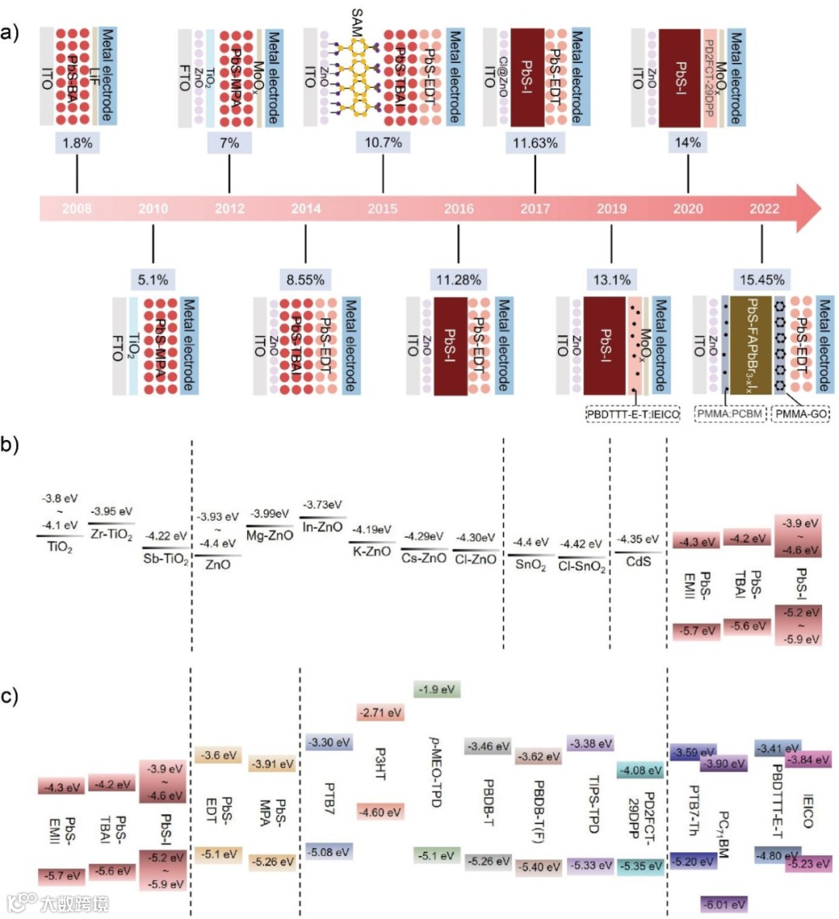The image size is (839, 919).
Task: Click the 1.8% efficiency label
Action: (x=77, y=142)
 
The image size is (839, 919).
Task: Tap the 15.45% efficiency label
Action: (x=761, y=280)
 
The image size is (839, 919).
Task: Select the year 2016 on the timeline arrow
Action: (x=458, y=208)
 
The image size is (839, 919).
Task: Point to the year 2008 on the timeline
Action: (x=76, y=208)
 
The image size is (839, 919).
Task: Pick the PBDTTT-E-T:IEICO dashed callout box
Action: (x=632, y=414)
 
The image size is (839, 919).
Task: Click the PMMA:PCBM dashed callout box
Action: (x=729, y=414)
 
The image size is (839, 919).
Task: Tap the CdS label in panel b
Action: (x=638, y=561)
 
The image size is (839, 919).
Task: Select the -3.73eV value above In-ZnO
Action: (x=322, y=505)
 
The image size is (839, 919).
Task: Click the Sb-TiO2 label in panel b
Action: (x=166, y=558)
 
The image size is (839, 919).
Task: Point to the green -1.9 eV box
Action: (x=437, y=690)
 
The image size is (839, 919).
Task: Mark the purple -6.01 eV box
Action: (x=724, y=904)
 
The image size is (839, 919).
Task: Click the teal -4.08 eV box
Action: (x=640, y=770)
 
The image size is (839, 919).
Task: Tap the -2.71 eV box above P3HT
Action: (x=381, y=712)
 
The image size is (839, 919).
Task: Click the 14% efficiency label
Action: (x=688, y=142)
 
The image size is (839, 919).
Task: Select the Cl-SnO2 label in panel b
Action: (x=582, y=566)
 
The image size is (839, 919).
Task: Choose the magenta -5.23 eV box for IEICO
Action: (x=808, y=863)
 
